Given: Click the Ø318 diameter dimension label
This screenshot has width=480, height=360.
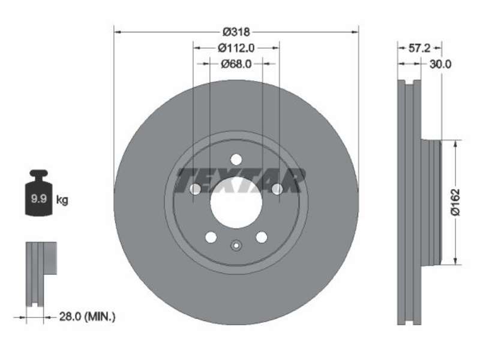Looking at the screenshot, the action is click(236, 32).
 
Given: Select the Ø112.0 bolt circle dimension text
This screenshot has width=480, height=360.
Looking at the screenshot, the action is click(236, 48).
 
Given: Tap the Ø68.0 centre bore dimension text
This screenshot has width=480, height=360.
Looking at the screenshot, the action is click(236, 64).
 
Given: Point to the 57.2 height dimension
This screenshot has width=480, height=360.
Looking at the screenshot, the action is click(419, 48).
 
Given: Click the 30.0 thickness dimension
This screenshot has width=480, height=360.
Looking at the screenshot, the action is click(440, 64).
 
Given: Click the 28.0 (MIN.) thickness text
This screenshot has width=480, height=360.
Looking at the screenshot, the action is click(87, 317).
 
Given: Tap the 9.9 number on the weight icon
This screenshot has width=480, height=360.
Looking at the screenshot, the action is click(39, 199).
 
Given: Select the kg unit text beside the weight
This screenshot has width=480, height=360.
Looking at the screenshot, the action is click(62, 200).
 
